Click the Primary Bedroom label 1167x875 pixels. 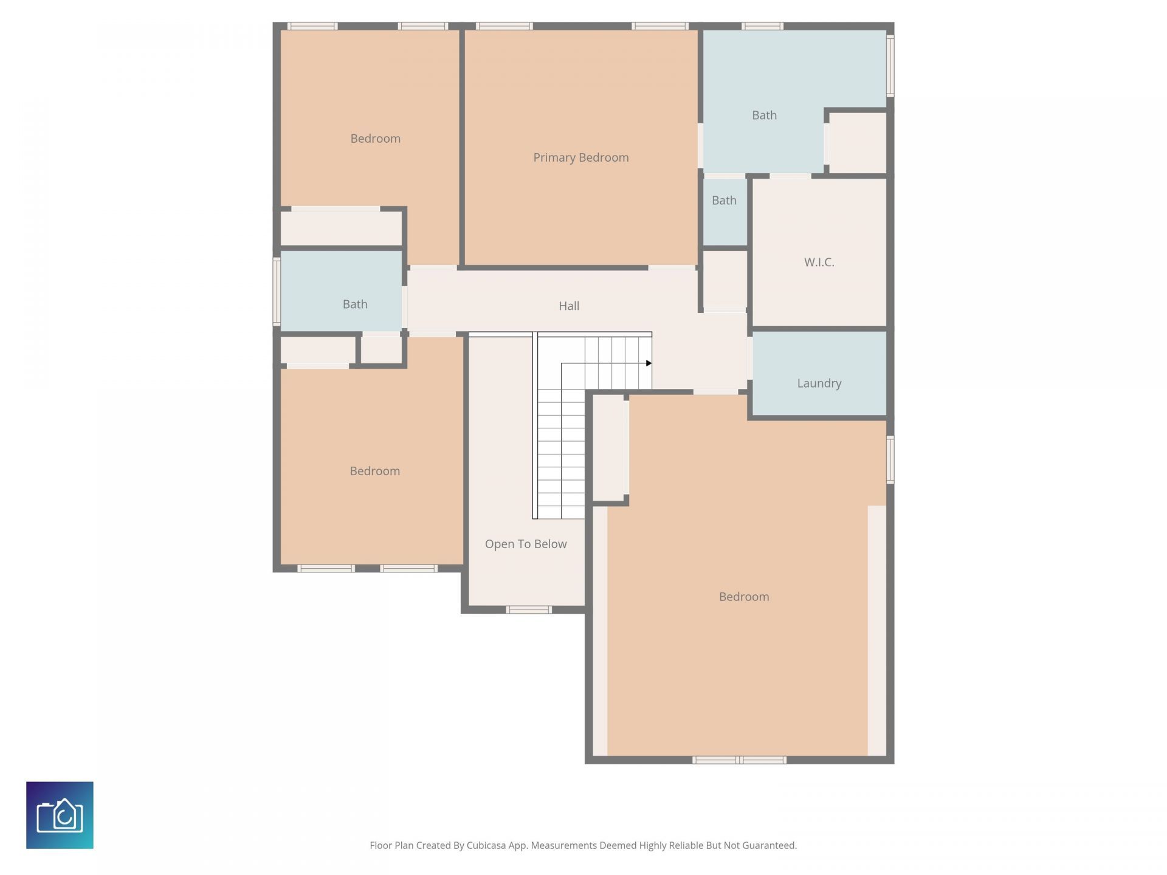[580, 157]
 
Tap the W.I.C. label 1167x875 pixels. [819, 262]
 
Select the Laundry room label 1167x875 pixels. [819, 383]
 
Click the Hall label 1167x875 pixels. [568, 306]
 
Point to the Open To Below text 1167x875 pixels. [525, 544]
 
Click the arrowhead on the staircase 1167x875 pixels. [649, 363]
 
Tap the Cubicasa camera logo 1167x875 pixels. [60, 815]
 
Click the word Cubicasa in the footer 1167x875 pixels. [486, 845]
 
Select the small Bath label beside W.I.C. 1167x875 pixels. [724, 200]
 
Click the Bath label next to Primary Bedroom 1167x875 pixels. [764, 115]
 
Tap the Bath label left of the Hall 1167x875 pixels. [355, 304]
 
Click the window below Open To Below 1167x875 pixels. [529, 609]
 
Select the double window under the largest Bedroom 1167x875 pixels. [739, 760]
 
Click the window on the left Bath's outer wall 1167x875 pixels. [277, 291]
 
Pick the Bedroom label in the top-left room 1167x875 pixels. [375, 139]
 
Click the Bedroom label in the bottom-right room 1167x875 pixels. [743, 597]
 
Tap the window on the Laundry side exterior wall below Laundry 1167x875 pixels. [890, 459]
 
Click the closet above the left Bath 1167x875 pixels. [340, 228]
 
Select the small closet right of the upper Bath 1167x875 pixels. [857, 143]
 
